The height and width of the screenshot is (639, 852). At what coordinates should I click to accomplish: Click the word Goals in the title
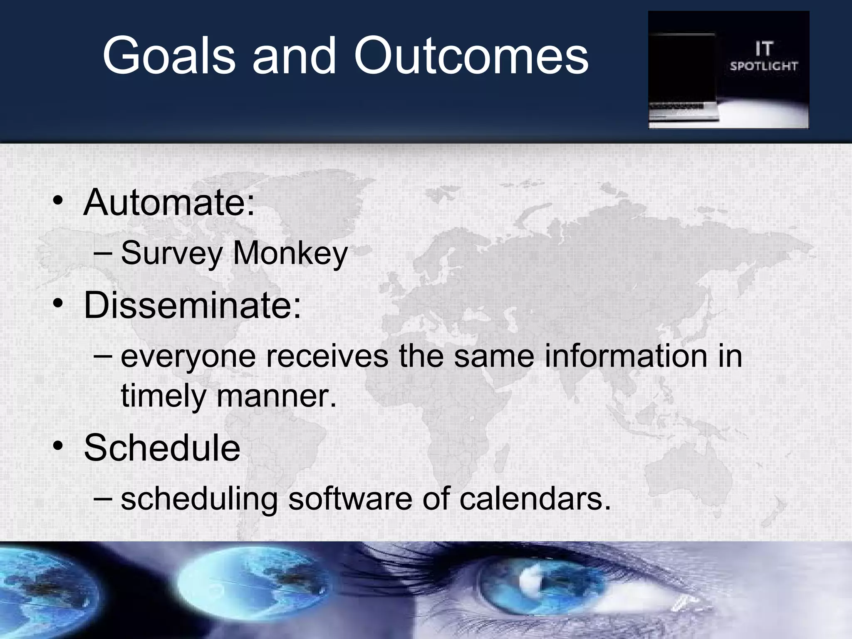point(168,56)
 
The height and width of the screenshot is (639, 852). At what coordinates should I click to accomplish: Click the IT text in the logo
point(763,50)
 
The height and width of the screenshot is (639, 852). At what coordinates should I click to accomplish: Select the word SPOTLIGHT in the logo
point(763,66)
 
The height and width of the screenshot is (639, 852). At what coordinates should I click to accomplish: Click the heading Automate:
point(168,203)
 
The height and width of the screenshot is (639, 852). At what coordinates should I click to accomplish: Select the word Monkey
point(290,253)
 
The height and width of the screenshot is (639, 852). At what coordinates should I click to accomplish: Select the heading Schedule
point(162,448)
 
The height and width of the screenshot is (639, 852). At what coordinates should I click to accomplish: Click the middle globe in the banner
point(250,582)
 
